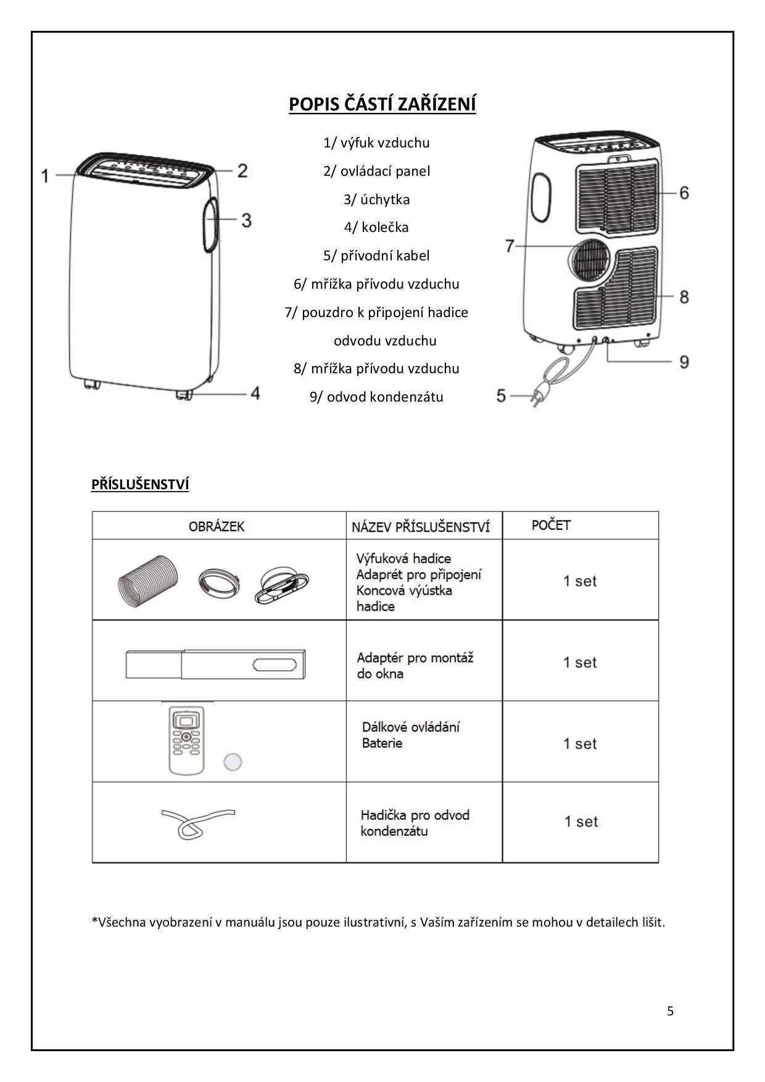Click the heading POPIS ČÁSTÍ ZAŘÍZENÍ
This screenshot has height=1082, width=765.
382,104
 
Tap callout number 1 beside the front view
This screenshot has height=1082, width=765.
45,176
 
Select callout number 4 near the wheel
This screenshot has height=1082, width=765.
255,393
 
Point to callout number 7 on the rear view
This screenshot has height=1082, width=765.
510,246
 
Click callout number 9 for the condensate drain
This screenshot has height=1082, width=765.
684,361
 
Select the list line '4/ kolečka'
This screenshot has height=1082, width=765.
376,227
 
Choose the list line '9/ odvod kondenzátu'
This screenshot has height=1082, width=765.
376,397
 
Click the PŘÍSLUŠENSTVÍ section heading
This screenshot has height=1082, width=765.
140,484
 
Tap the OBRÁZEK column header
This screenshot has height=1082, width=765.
217,526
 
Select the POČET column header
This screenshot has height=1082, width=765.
551,525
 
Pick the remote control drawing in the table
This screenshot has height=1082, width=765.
186,740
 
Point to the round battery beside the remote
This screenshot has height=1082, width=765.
233,762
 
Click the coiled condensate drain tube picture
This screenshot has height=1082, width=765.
196,823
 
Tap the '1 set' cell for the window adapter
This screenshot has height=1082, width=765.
580,663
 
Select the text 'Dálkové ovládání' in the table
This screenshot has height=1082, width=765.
410,727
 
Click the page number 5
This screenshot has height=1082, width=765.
670,1011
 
